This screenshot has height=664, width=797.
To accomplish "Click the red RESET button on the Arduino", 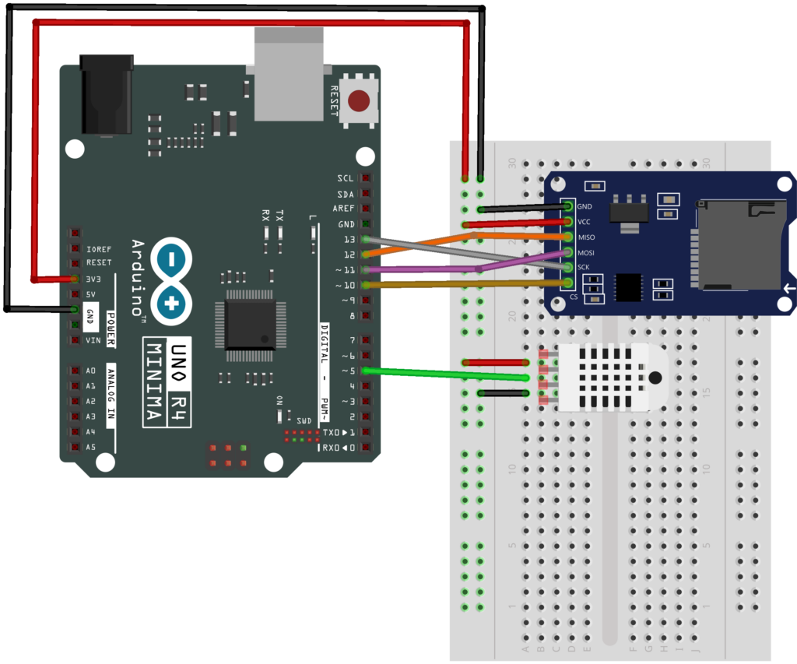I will (x=359, y=101).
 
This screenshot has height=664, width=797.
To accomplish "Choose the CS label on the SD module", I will (x=574, y=297).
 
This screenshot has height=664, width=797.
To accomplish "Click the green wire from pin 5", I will (x=444, y=374).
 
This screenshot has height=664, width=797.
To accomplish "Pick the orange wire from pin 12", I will (x=420, y=244).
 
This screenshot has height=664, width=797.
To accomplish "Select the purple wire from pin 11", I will (x=420, y=269).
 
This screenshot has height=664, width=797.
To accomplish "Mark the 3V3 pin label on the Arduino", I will (x=94, y=278).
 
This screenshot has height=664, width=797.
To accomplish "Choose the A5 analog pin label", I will (x=91, y=447).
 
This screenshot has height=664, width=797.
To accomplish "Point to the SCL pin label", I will (x=345, y=178).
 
